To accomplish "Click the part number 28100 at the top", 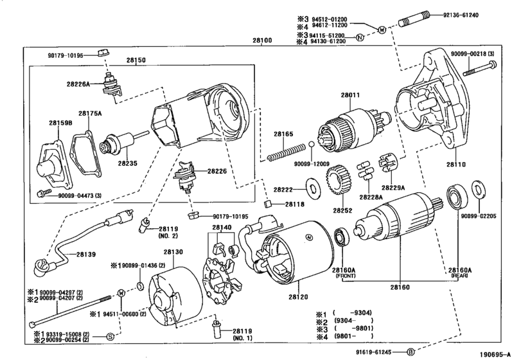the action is [x=262, y=40].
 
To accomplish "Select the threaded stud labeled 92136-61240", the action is [x=414, y=18].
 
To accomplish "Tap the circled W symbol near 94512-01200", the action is [x=382, y=30].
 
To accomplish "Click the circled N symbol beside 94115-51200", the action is [x=360, y=37].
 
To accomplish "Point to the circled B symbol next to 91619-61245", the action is [x=411, y=352].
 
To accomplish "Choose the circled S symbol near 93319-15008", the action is [x=110, y=336].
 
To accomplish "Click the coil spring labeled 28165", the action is [x=286, y=152].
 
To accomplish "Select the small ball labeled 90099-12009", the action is [x=312, y=144].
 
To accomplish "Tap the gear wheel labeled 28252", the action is [x=338, y=181].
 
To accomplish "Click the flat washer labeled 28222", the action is [x=312, y=188].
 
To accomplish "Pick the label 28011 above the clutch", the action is [x=350, y=95].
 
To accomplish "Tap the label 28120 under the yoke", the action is [x=298, y=297].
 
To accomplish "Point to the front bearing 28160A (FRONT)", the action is [x=341, y=237].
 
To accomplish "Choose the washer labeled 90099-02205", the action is [x=478, y=190].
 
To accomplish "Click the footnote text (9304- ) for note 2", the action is [x=353, y=321].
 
